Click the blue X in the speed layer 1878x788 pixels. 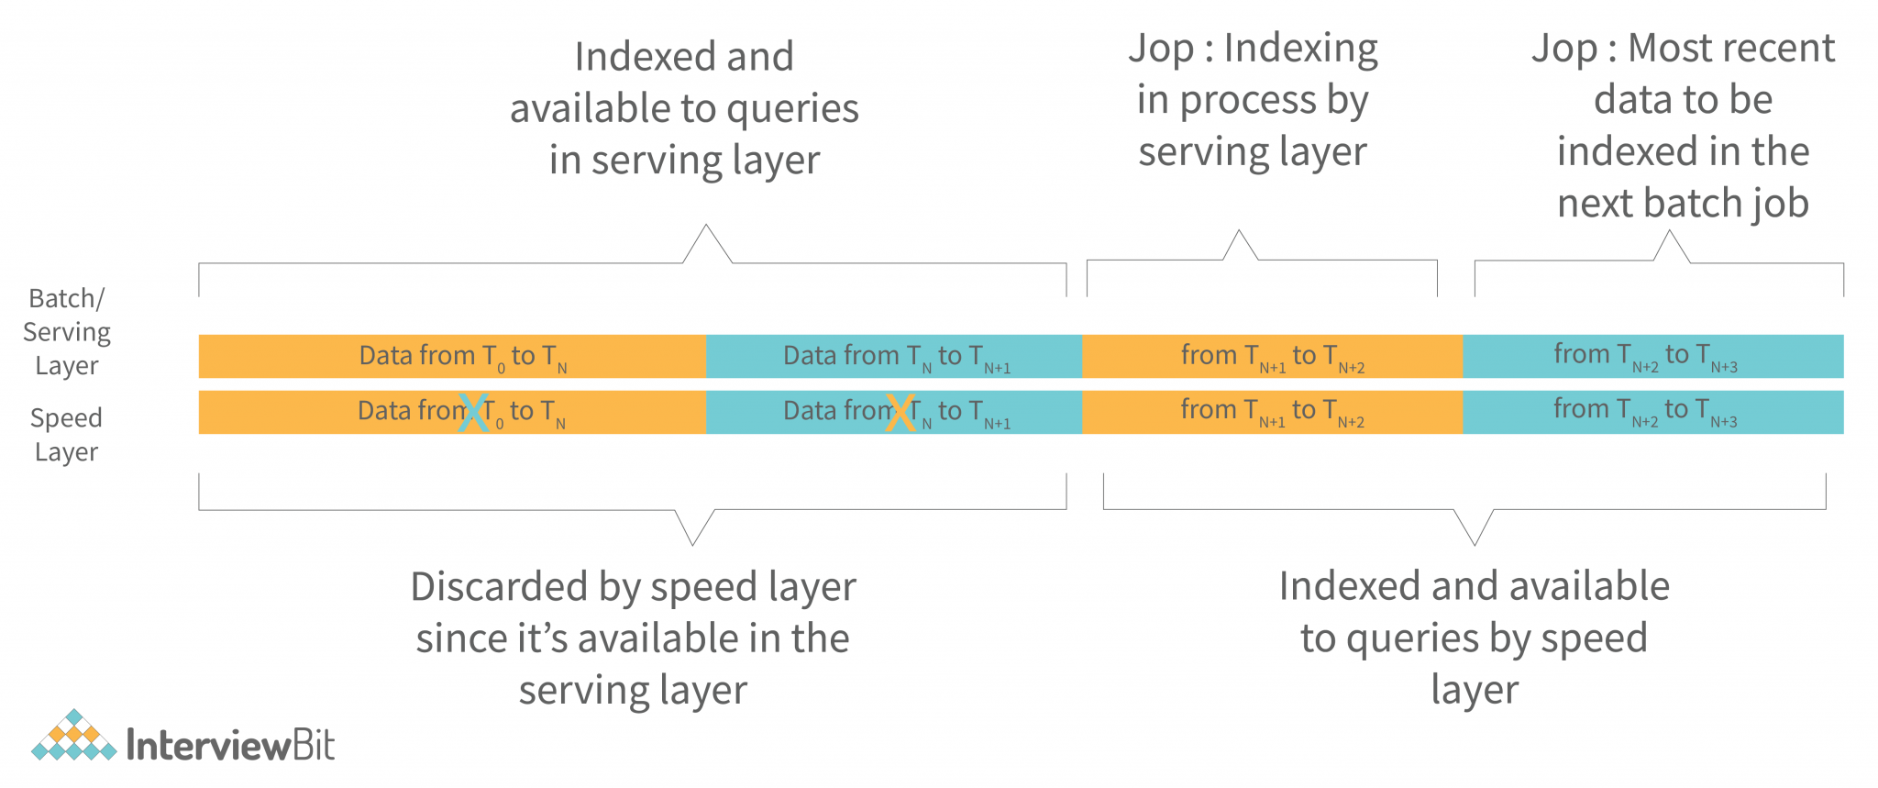coord(473,413)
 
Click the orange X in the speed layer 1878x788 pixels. coord(900,413)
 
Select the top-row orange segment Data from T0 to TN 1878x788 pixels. coord(452,356)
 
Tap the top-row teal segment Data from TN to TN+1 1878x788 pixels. coord(894,356)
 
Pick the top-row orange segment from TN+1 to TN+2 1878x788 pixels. coord(1272,356)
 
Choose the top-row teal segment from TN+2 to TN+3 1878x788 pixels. coord(1652,356)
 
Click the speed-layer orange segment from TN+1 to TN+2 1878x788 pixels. coord(1272,412)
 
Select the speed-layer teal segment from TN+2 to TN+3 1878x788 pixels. coord(1652,412)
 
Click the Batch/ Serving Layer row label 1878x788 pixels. coord(66,331)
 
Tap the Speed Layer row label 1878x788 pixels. coord(66,434)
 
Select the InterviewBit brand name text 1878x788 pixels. coord(230,745)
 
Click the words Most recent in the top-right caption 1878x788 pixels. coord(1730,49)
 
